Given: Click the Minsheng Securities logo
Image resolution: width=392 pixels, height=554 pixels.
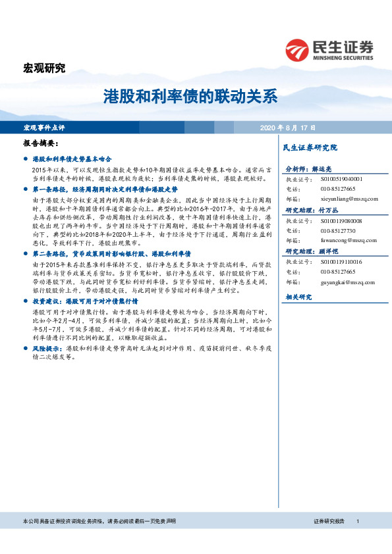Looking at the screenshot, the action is [329, 49].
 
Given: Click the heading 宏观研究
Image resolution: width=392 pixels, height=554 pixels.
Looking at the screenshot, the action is [45, 68].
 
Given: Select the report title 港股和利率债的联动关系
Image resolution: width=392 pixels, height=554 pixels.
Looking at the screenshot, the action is [190, 97].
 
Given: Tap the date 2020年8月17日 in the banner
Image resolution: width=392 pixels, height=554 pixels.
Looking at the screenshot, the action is [288, 127].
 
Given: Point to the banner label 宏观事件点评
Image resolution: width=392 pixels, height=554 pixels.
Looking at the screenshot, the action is [44, 127].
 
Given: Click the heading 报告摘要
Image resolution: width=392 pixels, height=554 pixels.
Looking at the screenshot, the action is [41, 143].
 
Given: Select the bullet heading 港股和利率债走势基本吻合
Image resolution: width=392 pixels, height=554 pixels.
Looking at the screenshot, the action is [72, 159].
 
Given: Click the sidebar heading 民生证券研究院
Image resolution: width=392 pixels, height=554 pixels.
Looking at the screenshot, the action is [310, 147].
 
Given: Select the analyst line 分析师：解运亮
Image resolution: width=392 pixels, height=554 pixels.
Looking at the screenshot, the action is [310, 169].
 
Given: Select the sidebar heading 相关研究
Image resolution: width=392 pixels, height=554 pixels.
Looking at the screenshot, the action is [298, 297].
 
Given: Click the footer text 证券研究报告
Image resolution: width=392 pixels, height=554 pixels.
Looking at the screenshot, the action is [329, 522].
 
